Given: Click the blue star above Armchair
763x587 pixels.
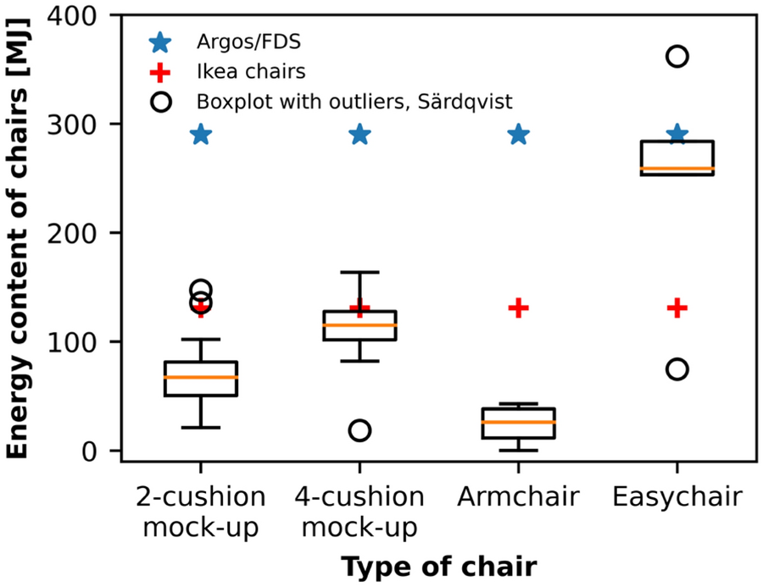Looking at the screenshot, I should (518, 135).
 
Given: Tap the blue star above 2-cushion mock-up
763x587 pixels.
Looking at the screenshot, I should (201, 135).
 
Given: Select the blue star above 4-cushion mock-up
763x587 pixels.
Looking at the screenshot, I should (359, 135).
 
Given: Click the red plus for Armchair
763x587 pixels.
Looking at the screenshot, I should (518, 308).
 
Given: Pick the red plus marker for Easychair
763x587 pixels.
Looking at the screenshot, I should (677, 308).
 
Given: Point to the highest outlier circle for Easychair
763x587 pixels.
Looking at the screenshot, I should (677, 57).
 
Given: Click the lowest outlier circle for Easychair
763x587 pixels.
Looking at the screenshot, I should (677, 369).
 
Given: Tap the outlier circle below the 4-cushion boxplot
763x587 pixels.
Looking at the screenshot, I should (359, 430).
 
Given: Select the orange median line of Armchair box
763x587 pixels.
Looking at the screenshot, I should (518, 422).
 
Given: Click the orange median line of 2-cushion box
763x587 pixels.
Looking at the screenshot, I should (201, 377).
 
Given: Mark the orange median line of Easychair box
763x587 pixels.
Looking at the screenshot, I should (677, 169).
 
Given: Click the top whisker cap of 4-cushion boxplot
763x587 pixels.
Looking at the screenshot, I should (359, 273).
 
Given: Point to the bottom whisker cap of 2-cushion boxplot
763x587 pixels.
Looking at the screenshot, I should (201, 428).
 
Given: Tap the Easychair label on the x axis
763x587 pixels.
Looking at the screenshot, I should (677, 496).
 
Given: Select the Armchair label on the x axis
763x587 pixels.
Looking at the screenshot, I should (518, 496).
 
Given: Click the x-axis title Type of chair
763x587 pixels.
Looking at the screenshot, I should (438, 566).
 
